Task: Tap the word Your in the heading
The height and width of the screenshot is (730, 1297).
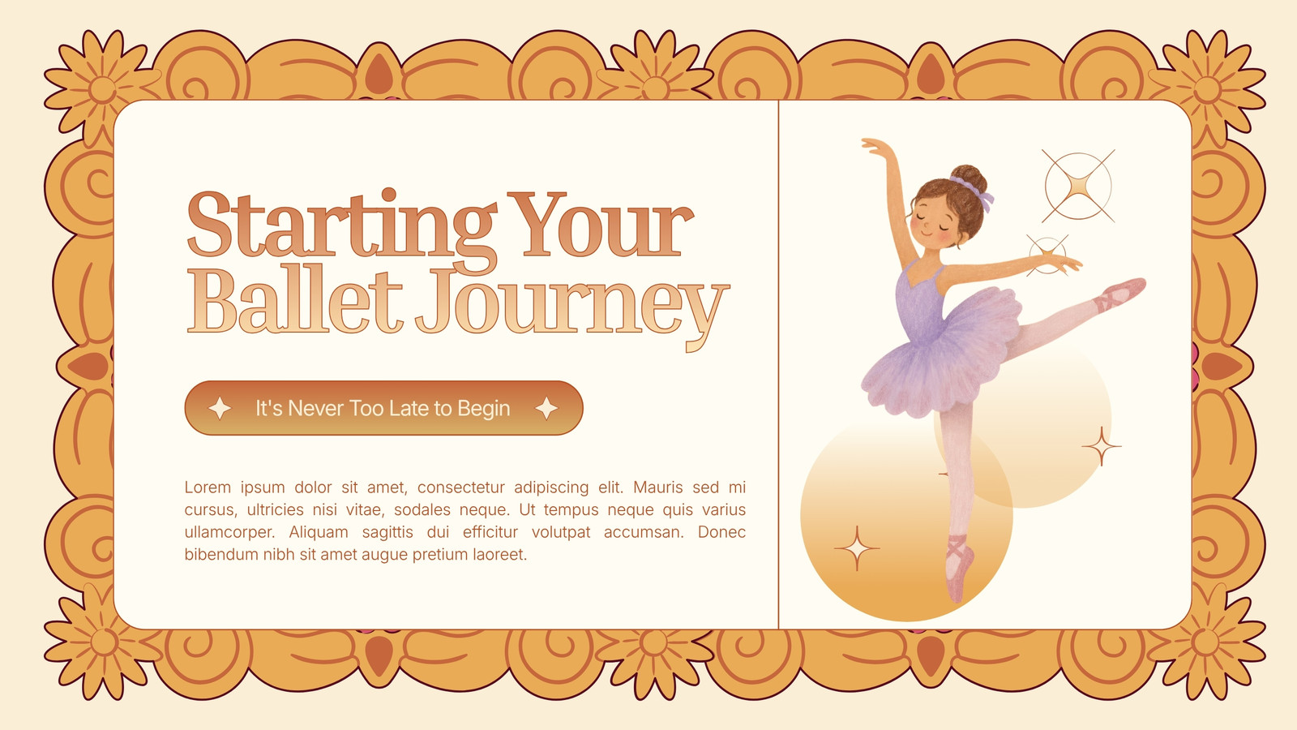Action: click(x=601, y=224)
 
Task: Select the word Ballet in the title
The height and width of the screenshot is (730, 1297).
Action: click(x=295, y=300)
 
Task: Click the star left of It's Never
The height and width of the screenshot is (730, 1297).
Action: click(x=220, y=409)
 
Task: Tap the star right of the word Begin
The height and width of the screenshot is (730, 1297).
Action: click(x=546, y=409)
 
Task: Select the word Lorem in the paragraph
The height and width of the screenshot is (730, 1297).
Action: click(x=208, y=487)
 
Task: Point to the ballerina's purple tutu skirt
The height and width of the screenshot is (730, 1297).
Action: click(x=941, y=354)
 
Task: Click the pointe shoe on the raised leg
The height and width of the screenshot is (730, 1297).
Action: click(x=1121, y=293)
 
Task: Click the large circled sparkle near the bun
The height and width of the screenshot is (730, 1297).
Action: click(x=1078, y=186)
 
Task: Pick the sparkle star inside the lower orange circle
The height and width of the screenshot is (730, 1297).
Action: click(x=857, y=548)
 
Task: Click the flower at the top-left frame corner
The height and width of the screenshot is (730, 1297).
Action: click(x=102, y=88)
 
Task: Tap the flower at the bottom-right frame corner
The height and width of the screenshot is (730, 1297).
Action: click(x=1207, y=642)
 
